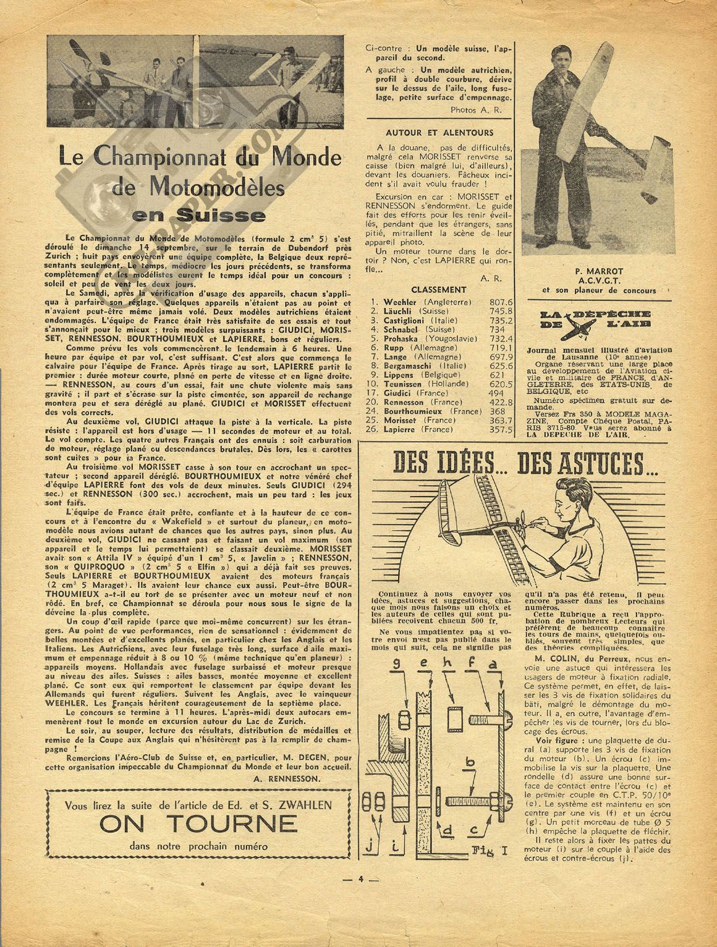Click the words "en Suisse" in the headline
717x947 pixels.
[200, 216]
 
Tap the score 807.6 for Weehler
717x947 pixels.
[501, 302]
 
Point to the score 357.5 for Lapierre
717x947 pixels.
[501, 429]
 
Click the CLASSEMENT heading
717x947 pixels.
[438, 289]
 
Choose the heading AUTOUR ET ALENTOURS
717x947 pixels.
[439, 132]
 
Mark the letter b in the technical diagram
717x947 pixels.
[472, 765]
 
